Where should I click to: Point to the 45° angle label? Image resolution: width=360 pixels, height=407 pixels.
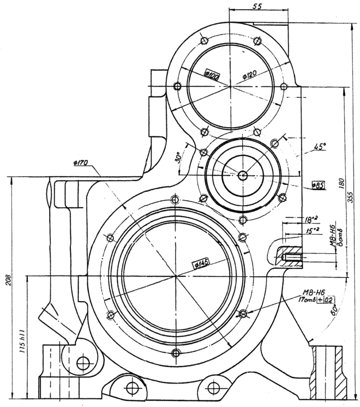coord(320,147)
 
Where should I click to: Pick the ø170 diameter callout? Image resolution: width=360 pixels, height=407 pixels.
coord(80,163)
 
